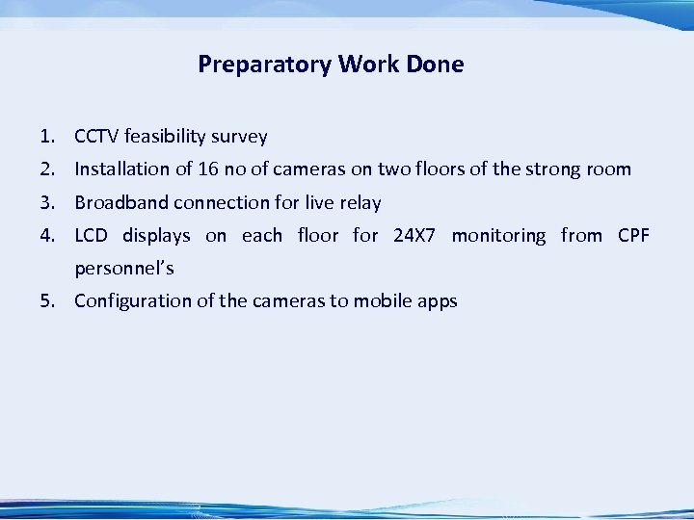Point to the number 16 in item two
point(207,169)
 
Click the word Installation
point(121,169)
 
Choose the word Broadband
point(121,202)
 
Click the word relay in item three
point(360,202)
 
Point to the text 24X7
point(415,236)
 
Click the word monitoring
point(498,236)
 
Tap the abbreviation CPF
point(633,236)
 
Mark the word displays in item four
point(156,236)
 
